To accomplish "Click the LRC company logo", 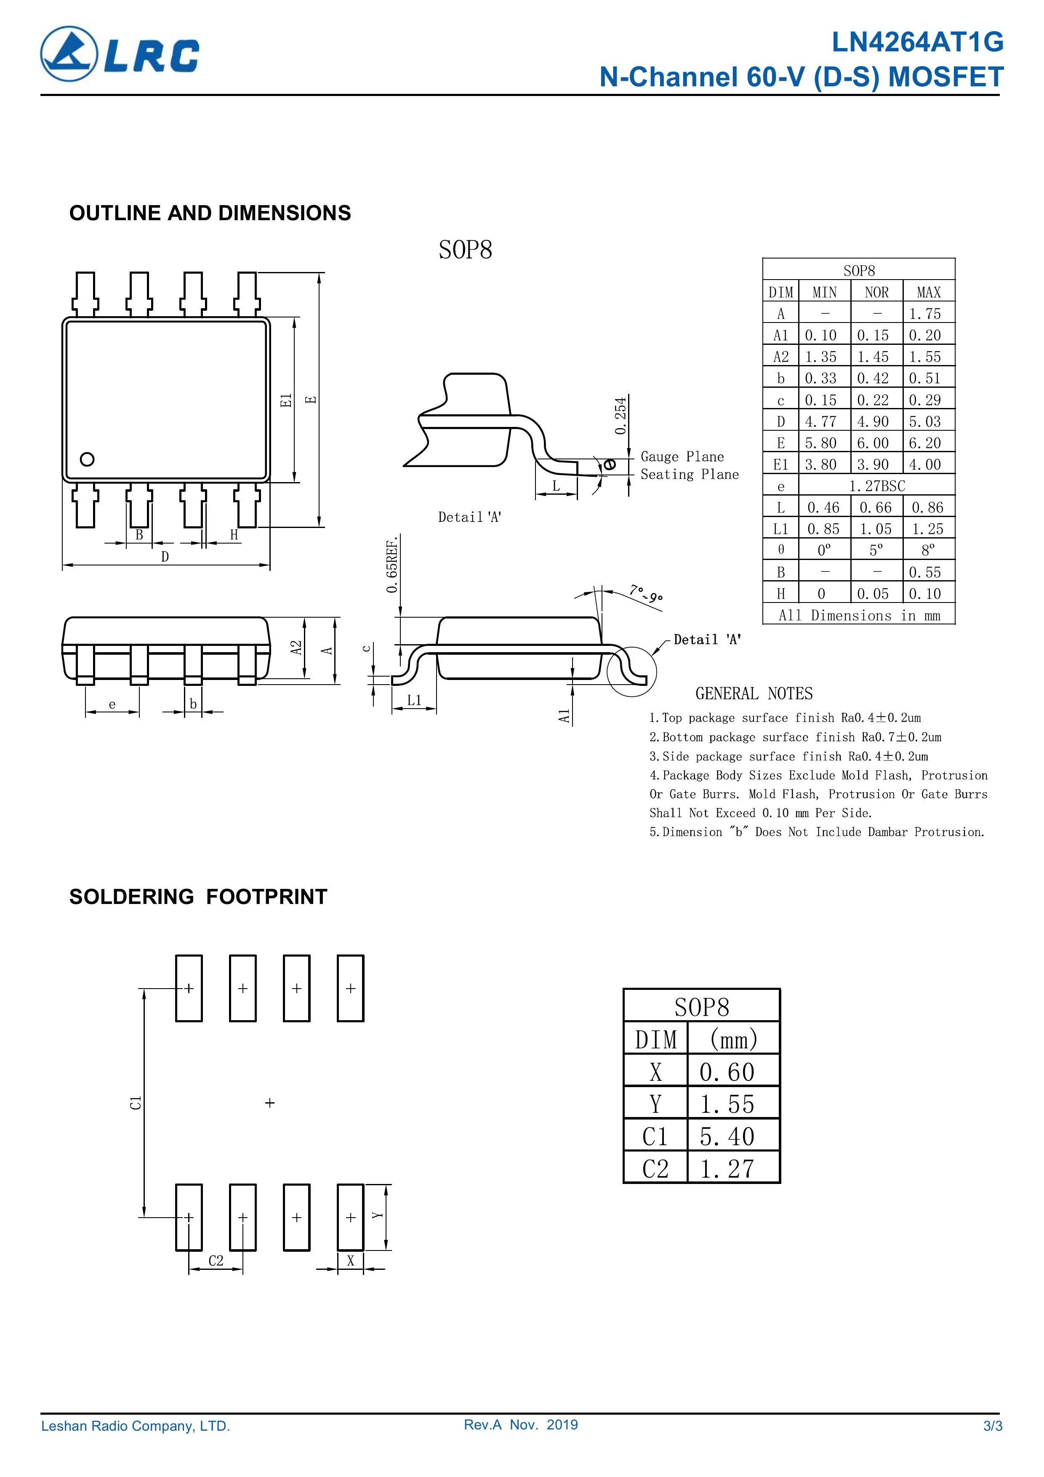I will [120, 54].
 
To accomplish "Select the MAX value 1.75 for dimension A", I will [924, 314].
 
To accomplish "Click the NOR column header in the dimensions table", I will [876, 292].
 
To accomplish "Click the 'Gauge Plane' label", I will [682, 457].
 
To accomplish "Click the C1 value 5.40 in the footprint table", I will [727, 1137].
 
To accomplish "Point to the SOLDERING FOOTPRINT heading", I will [198, 897].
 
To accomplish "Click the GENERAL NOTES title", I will [754, 693].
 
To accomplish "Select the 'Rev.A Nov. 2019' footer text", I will [520, 1425].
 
